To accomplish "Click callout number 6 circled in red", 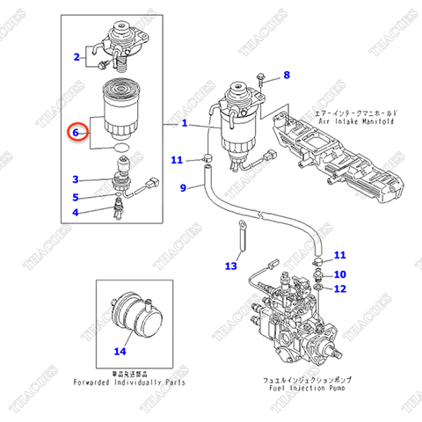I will click(x=76, y=134).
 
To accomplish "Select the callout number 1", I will click(x=185, y=124).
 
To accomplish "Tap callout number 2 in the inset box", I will click(x=76, y=59).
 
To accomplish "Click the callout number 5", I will click(x=76, y=197).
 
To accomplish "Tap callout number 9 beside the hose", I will click(x=184, y=187).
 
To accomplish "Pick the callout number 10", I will click(x=340, y=274).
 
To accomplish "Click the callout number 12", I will click(x=340, y=288).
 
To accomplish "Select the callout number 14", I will click(x=120, y=352).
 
